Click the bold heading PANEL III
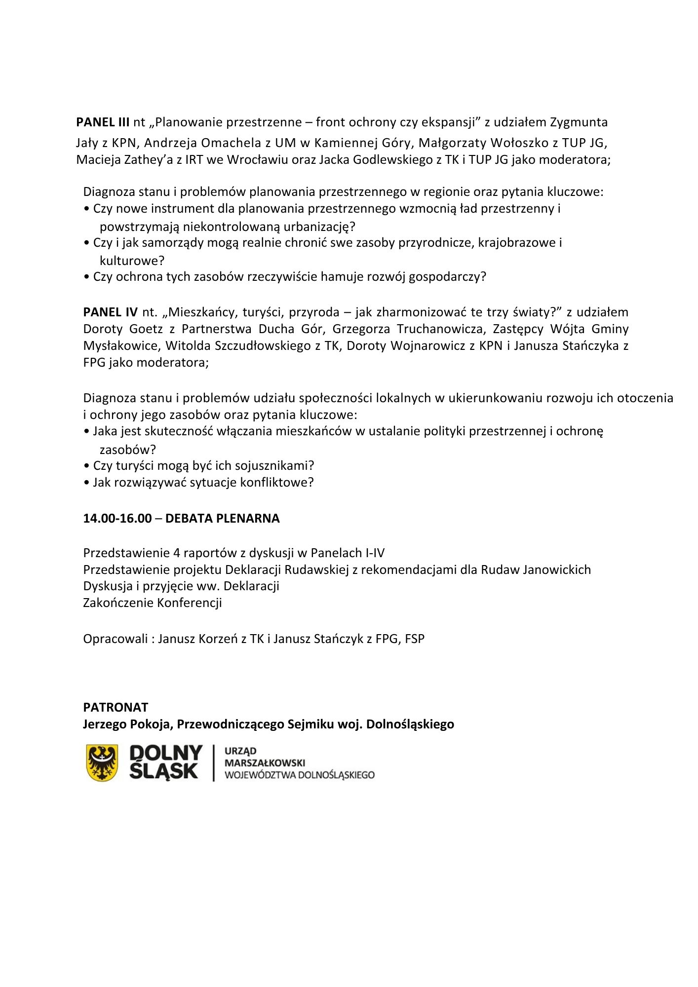pos(103,122)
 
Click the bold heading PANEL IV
pos(110,312)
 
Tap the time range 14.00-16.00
pos(117,518)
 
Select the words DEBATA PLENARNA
pos(222,518)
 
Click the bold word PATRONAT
pos(116,707)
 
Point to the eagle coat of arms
pos(102,762)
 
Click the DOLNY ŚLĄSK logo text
pos(165,762)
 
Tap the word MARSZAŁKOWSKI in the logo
pos(265,763)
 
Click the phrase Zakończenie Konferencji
pos(153,603)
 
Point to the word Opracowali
pos(116,639)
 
